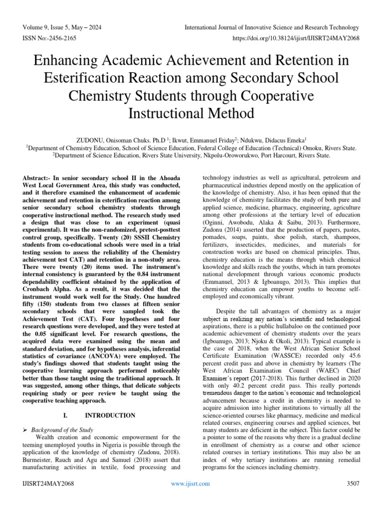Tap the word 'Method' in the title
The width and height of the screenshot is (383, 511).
coord(228,113)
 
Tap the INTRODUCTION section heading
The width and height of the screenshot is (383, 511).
coord(110,415)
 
